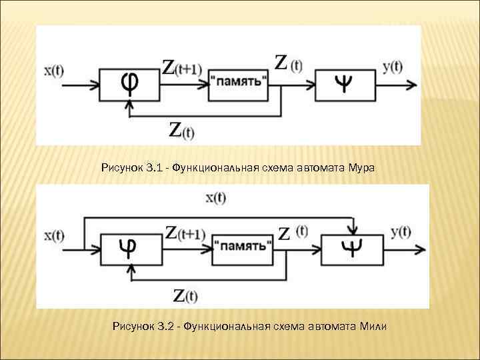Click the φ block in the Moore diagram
pyautogui.click(x=129, y=85)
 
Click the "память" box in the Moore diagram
pyautogui.click(x=239, y=85)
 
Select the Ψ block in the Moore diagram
pyautogui.click(x=346, y=85)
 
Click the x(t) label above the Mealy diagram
pyautogui.click(x=215, y=197)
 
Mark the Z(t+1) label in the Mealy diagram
pyautogui.click(x=185, y=233)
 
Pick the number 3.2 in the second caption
pyautogui.click(x=166, y=327)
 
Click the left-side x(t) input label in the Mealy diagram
pyautogui.click(x=54, y=235)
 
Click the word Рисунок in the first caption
pyautogui.click(x=120, y=168)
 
